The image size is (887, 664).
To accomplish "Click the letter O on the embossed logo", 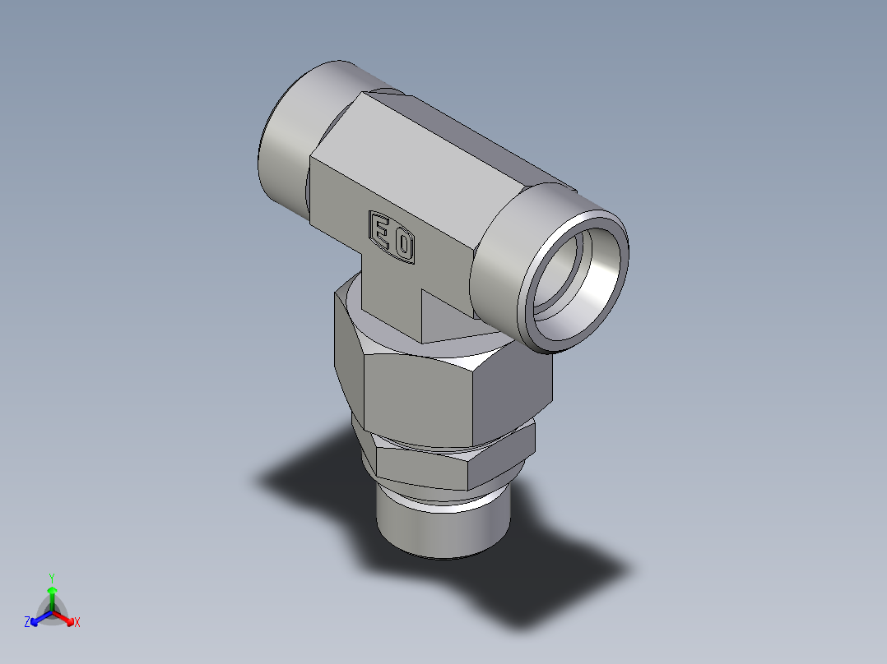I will [x=403, y=245].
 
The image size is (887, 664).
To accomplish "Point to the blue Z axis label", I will [x=27, y=622].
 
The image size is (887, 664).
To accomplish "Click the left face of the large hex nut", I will [x=347, y=345].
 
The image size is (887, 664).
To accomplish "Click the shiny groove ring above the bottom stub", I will [x=444, y=499].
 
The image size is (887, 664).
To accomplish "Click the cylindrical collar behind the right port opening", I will [x=502, y=263].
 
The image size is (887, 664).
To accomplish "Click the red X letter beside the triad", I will [x=77, y=623].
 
